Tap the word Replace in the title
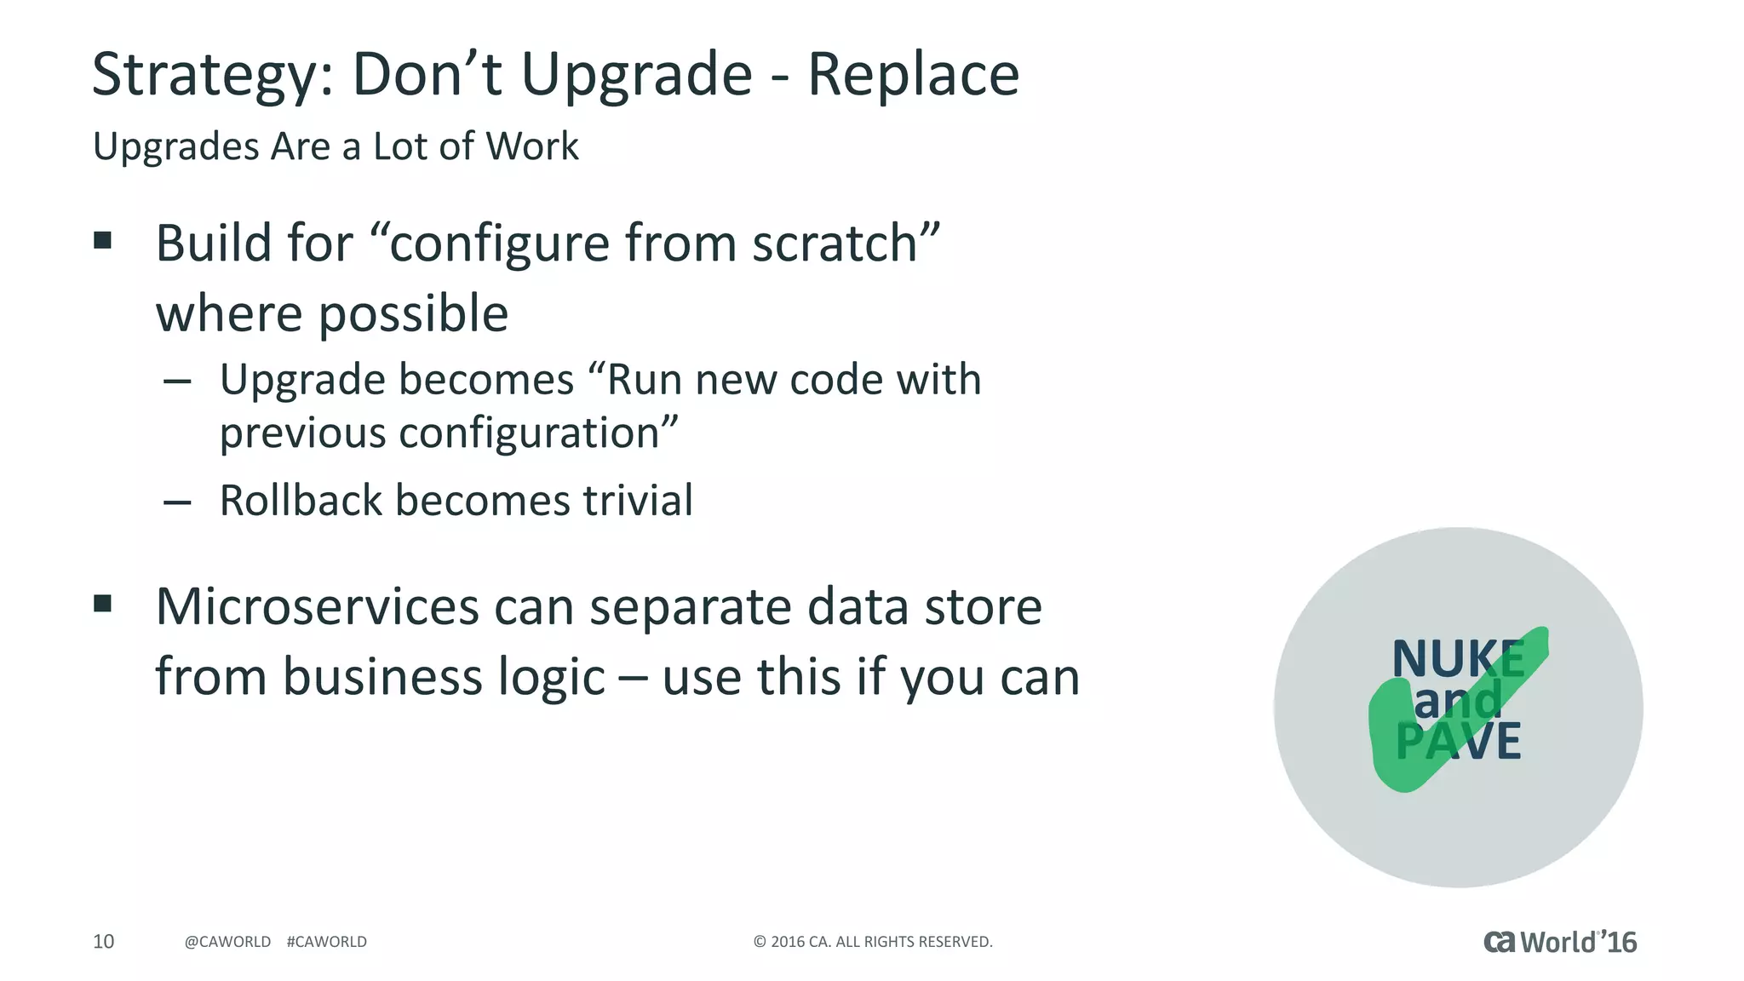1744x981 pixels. [913, 75]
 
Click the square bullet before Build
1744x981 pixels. [103, 240]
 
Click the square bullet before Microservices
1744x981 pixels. [103, 604]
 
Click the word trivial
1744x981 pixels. [638, 501]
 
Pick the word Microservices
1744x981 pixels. [318, 607]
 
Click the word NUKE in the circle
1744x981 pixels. [1458, 659]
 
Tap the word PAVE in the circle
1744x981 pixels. [1458, 741]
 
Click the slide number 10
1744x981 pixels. [103, 941]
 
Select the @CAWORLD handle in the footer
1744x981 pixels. [227, 942]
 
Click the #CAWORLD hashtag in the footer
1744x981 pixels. [327, 942]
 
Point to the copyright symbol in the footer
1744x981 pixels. [760, 942]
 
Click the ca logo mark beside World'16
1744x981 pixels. [1500, 942]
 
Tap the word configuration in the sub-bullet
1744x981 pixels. [529, 434]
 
